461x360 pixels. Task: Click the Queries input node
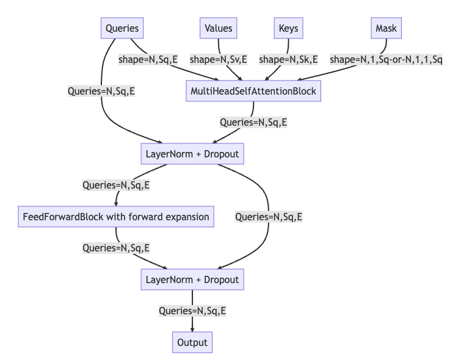[x=122, y=28]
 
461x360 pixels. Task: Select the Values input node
[x=219, y=28]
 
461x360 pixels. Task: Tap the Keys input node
[x=288, y=28]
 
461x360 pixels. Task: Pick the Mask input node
[x=386, y=28]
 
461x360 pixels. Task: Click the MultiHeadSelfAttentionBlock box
[x=253, y=91]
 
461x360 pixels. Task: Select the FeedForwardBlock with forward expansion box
[x=116, y=217]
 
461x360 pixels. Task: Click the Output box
[x=192, y=342]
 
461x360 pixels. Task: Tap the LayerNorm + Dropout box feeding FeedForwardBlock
[x=192, y=154]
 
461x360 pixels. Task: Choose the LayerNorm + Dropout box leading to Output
[x=192, y=279]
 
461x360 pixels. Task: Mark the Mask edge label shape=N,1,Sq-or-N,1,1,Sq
[x=386, y=60]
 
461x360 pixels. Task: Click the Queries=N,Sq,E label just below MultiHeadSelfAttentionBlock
[x=253, y=122]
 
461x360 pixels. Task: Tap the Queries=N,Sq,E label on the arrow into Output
[x=192, y=311]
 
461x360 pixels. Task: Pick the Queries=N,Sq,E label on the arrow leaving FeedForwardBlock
[x=116, y=248]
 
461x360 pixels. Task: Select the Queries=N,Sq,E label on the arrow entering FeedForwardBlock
[x=116, y=185]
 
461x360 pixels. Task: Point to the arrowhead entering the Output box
[x=192, y=329]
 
